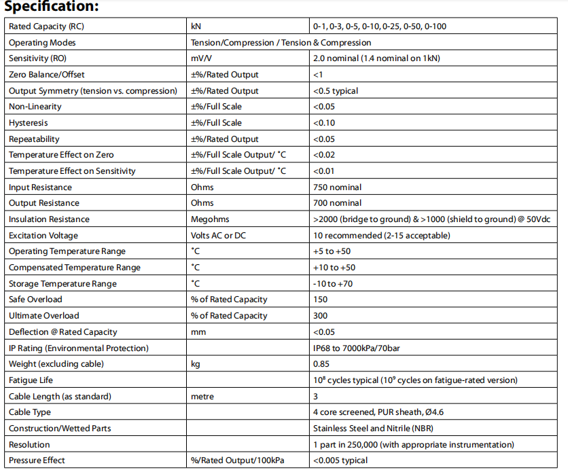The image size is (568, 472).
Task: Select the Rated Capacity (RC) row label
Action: [47, 26]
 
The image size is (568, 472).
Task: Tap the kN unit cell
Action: [197, 26]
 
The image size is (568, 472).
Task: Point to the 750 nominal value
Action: [338, 187]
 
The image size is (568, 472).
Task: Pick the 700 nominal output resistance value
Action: [338, 203]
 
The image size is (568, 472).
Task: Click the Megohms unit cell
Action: [211, 219]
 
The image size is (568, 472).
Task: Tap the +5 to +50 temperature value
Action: [332, 252]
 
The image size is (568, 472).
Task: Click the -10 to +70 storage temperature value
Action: [333, 284]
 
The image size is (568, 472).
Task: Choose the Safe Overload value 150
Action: [321, 299]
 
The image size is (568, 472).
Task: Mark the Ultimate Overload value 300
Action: [321, 316]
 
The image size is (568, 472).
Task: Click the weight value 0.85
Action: [321, 364]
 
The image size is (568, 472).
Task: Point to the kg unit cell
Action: [196, 364]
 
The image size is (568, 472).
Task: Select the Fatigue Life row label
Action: [31, 380]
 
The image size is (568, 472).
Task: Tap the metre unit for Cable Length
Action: [203, 396]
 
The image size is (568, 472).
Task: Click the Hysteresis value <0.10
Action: [323, 123]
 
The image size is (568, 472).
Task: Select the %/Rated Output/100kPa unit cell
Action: [238, 460]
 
